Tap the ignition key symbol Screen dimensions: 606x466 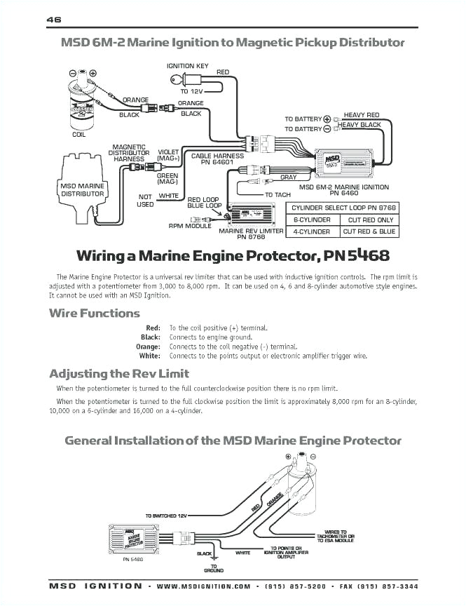point(184,79)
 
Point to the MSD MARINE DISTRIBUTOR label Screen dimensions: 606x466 point(82,190)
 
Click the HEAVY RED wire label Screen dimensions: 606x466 point(362,115)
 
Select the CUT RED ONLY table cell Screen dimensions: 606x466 point(371,220)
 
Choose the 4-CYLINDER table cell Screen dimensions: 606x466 point(311,231)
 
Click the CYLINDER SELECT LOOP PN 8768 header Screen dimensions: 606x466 point(344,208)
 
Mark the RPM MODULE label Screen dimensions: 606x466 point(189,226)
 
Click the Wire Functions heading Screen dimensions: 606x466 point(95,314)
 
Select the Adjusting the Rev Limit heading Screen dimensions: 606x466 point(119,373)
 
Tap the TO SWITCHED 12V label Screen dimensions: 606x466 point(167,516)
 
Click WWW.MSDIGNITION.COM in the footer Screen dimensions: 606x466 point(203,586)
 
